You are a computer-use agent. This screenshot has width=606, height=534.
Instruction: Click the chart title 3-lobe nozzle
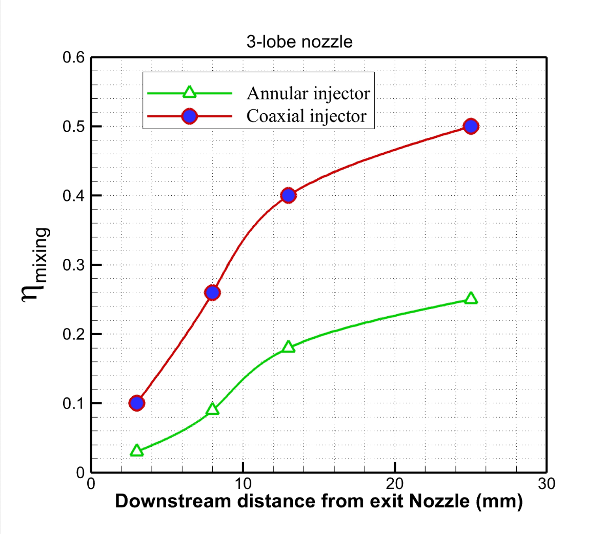point(299,41)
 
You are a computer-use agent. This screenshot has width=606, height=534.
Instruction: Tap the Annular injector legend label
point(308,93)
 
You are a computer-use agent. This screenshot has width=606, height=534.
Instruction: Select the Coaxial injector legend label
point(307,116)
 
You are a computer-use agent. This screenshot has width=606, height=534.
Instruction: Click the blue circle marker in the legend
point(190,116)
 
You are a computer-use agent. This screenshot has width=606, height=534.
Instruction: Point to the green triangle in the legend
point(190,92)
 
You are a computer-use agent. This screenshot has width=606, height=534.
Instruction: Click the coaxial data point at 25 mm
point(471,126)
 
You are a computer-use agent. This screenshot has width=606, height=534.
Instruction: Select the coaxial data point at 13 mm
point(288,195)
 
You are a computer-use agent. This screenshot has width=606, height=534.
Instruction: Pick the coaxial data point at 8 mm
point(212,293)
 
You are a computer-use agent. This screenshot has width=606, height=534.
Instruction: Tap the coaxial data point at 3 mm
point(136,403)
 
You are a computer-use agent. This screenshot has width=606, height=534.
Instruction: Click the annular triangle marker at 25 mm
point(471,298)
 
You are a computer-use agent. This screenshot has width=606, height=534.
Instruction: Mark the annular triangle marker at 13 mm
point(288,347)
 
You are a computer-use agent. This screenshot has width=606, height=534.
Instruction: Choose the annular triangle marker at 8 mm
point(212,409)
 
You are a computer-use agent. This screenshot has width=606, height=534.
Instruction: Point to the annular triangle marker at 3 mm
point(136,451)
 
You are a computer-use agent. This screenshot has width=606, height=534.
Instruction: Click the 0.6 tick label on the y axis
point(74,57)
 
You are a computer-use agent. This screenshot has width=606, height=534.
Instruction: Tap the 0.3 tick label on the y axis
point(74,265)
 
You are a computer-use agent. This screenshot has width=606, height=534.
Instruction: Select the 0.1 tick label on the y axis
point(74,403)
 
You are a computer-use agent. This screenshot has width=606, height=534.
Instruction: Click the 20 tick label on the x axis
point(395,484)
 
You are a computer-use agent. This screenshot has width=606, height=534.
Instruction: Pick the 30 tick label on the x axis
point(547,484)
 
